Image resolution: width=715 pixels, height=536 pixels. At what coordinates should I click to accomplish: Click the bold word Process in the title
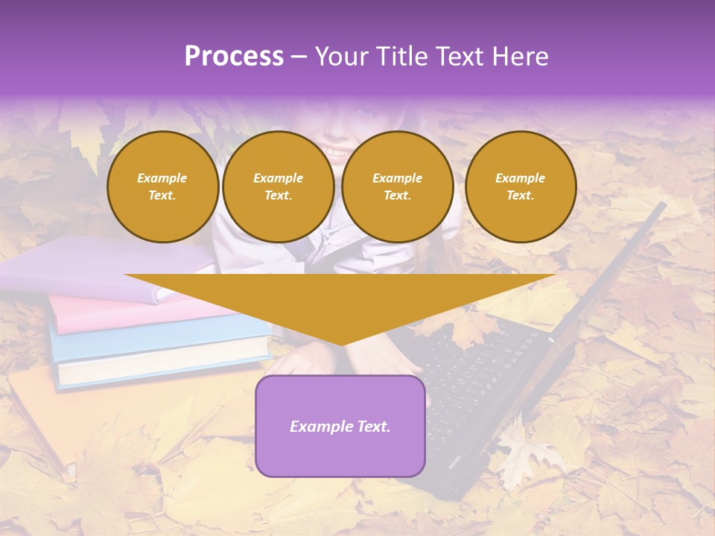pos(234,57)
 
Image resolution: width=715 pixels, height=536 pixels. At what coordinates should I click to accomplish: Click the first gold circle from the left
pos(162,187)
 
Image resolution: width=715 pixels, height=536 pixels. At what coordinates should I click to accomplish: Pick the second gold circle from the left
pos(278,187)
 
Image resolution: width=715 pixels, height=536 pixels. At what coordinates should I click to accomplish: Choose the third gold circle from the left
pos(397,187)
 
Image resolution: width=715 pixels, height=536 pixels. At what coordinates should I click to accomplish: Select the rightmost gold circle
pos(520,187)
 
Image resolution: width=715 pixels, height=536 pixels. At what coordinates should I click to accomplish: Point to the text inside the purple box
pos(340,427)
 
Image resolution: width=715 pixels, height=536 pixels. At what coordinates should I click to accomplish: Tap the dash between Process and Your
pos(299,57)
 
